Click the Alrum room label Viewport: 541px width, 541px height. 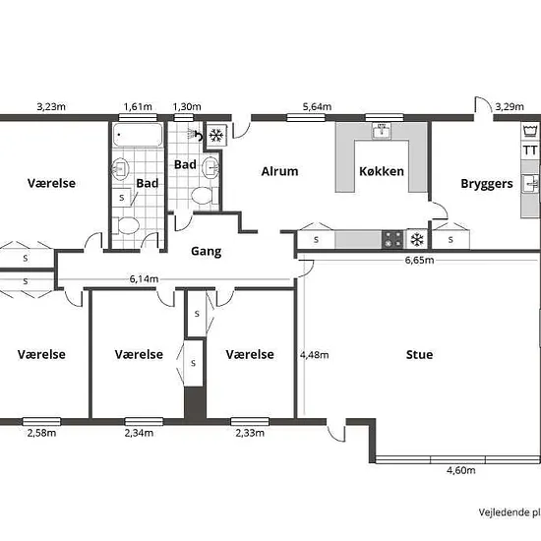click(x=279, y=171)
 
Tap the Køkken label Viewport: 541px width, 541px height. click(x=382, y=171)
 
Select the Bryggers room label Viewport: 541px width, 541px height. click(x=487, y=184)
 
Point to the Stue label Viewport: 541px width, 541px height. click(x=419, y=355)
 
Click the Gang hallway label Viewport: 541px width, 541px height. click(x=206, y=251)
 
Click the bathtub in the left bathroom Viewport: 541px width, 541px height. click(x=138, y=135)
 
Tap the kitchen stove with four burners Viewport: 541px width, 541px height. click(x=392, y=239)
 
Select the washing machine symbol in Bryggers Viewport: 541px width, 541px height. click(x=530, y=132)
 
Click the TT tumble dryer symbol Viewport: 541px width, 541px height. click(x=530, y=150)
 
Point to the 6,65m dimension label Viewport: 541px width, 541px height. click(x=419, y=260)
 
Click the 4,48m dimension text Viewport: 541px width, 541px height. click(x=314, y=355)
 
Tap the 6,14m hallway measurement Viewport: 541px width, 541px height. click(x=144, y=278)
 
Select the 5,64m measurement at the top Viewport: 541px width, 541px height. click(x=317, y=106)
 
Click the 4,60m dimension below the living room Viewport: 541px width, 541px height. click(x=461, y=470)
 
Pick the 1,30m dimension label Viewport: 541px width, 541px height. click(x=187, y=106)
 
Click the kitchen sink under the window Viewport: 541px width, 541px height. click(x=382, y=131)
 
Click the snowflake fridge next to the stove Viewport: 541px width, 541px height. click(x=417, y=239)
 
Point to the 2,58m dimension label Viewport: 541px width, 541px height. click(x=41, y=433)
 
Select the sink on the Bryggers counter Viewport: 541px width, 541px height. click(x=530, y=183)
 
